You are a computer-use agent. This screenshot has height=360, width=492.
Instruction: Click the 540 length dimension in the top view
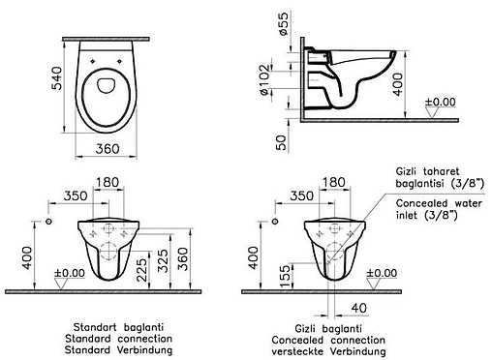tap(57, 78)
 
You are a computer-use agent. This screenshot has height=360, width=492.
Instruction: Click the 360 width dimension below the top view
tap(108, 149)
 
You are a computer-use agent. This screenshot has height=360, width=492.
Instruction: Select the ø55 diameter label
tap(283, 23)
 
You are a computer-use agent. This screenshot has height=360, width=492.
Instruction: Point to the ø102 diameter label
tap(264, 80)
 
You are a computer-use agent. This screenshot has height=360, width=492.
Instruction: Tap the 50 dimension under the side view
tap(281, 142)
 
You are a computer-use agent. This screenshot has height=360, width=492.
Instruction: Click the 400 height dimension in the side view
tap(398, 84)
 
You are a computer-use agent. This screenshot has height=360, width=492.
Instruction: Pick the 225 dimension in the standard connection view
tap(141, 270)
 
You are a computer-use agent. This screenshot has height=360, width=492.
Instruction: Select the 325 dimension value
tap(164, 260)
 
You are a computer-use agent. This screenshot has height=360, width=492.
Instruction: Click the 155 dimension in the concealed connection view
tap(286, 276)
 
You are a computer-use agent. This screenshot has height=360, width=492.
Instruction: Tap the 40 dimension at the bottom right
tap(359, 308)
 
